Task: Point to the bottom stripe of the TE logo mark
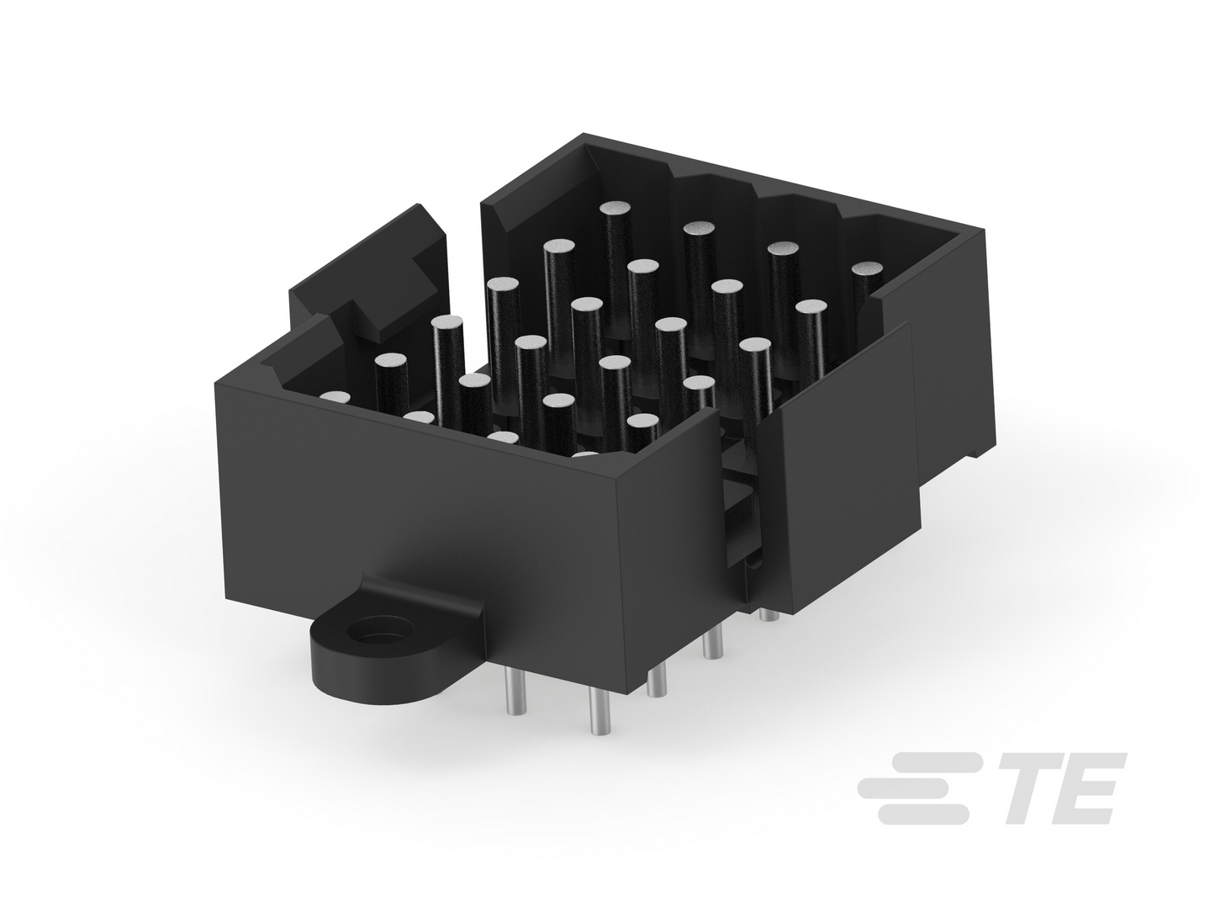click(x=924, y=814)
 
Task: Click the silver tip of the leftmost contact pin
click(x=335, y=397)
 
